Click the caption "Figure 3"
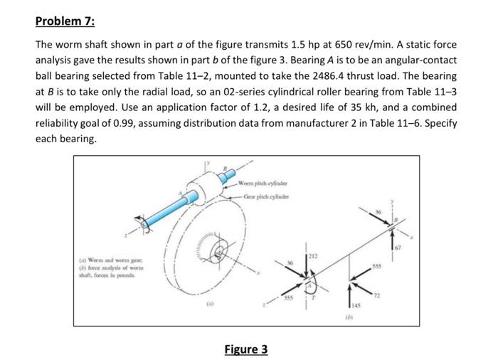[246, 349]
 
